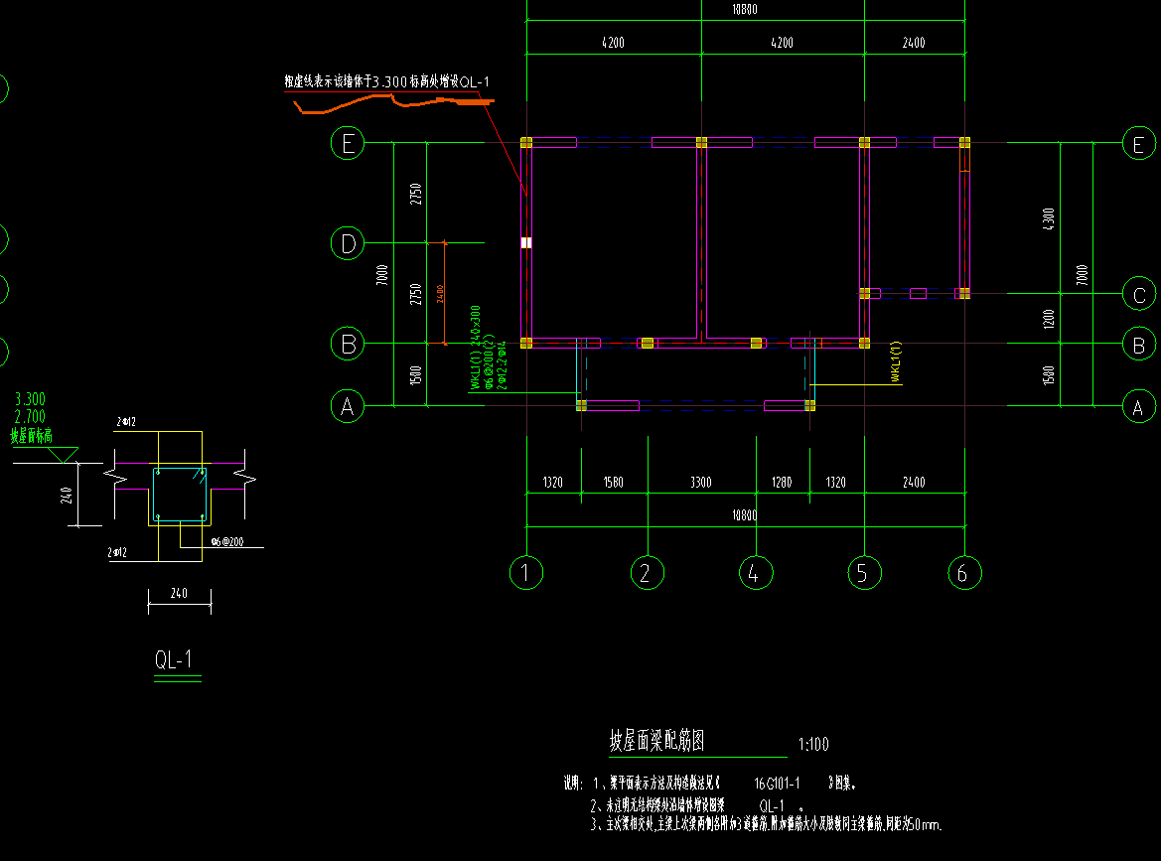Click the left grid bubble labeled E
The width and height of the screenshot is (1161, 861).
348,144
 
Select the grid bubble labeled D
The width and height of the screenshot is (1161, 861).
348,242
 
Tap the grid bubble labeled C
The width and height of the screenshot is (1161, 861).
1139,294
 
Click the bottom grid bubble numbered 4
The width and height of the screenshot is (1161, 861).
755,572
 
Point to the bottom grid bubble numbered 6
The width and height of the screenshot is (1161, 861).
962,572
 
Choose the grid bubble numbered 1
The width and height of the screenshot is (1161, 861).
526,572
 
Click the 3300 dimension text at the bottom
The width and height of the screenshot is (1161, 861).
700,483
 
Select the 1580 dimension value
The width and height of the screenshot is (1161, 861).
614,483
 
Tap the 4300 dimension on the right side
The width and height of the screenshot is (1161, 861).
1050,219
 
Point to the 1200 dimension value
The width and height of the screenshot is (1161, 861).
1050,319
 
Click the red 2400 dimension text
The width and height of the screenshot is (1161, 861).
439,294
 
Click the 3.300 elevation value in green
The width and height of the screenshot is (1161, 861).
30,399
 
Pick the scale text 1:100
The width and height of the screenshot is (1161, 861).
812,744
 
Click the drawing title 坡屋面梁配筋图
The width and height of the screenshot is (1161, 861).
657,741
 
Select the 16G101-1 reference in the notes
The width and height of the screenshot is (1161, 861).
778,783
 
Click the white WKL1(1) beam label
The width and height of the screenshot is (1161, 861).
895,362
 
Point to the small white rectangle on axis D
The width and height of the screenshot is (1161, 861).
526,242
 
